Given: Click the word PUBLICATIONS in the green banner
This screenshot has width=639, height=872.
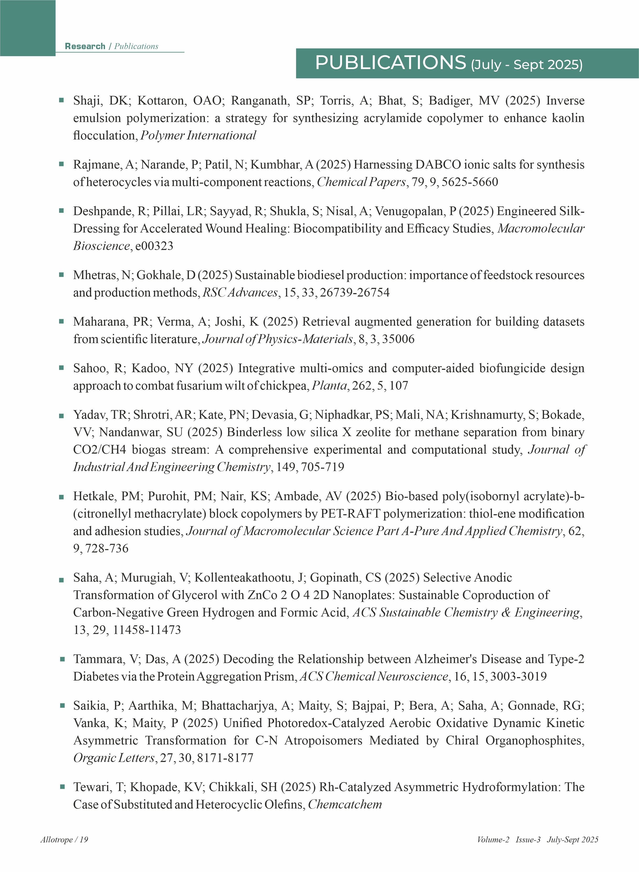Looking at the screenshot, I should [390, 63].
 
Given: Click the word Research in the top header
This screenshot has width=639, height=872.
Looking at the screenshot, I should [85, 46].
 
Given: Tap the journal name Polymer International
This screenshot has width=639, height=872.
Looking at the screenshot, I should [198, 136].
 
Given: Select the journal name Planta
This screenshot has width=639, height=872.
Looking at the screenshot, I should [329, 386].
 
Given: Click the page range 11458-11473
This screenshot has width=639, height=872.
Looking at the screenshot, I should [146, 630].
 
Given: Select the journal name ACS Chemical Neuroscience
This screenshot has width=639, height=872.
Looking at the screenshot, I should [374, 676].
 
